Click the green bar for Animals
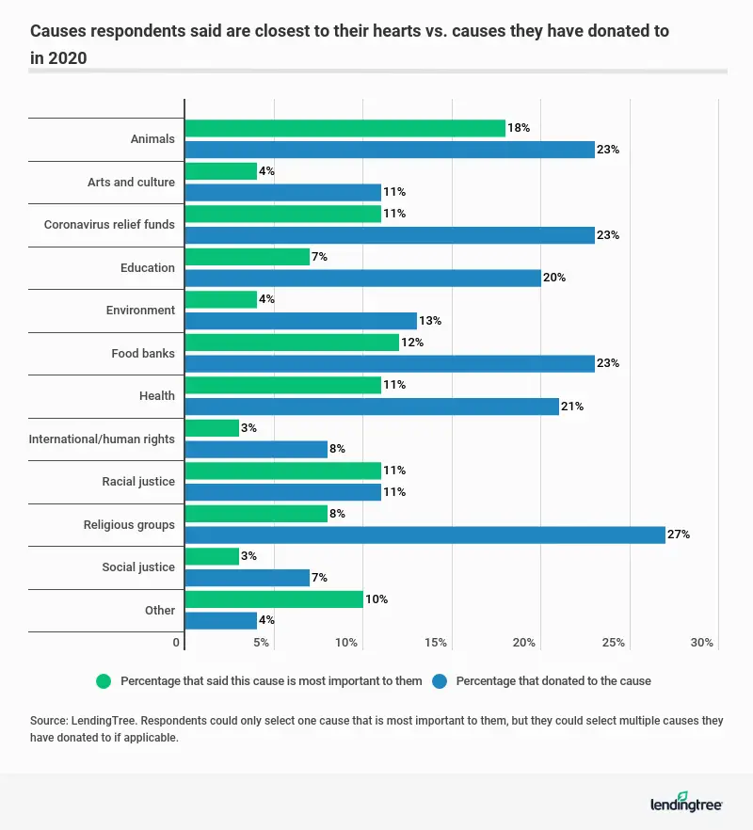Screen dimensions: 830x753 click(x=344, y=128)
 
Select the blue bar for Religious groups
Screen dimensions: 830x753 click(x=425, y=535)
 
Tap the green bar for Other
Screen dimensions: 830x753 click(x=274, y=599)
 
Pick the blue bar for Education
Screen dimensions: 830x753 click(x=362, y=278)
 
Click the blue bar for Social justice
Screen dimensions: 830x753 click(x=248, y=578)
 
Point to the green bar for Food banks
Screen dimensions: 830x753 click(x=292, y=343)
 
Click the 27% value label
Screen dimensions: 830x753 click(x=680, y=535)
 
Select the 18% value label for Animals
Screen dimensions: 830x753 click(x=520, y=128)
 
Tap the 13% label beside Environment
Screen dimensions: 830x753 click(x=430, y=321)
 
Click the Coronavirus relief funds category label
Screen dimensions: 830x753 click(x=109, y=225)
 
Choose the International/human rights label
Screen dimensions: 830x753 click(x=102, y=439)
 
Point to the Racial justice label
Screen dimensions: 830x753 click(x=138, y=482)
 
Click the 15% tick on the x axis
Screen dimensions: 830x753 click(x=435, y=643)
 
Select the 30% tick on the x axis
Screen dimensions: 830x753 click(x=702, y=643)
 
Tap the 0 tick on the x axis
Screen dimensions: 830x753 click(x=176, y=643)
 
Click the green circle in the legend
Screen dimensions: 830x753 click(x=104, y=680)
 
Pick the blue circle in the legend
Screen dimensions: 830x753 click(x=440, y=680)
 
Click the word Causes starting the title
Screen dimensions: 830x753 click(x=59, y=31)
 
